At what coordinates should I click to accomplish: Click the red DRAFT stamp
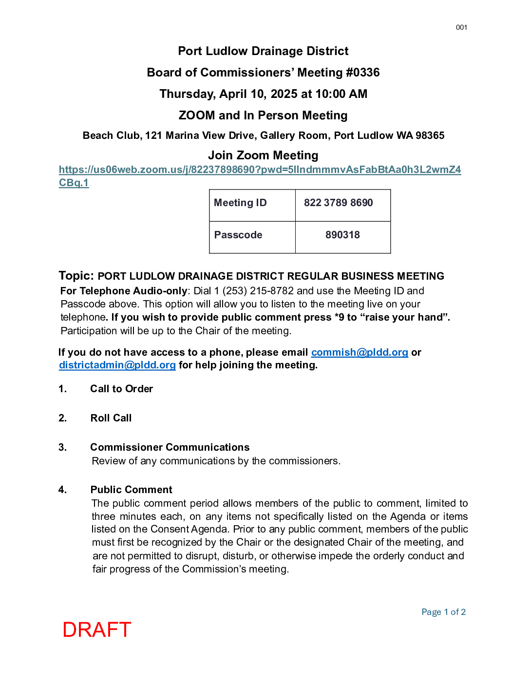click(x=96, y=629)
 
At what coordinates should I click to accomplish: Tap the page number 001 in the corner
click(x=461, y=27)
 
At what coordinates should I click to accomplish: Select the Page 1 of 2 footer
click(x=443, y=612)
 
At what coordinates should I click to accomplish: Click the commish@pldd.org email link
click(x=360, y=352)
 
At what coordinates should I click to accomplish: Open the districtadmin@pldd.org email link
click(x=117, y=365)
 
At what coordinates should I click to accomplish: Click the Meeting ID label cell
click(x=252, y=205)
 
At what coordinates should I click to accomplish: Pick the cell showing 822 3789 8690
click(x=342, y=205)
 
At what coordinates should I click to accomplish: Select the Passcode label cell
click(x=252, y=237)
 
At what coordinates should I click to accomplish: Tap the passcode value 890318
click(x=342, y=237)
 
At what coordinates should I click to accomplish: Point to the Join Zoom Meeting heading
click(x=263, y=155)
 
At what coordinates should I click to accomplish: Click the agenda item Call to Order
click(x=121, y=389)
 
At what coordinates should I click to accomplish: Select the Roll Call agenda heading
click(x=111, y=418)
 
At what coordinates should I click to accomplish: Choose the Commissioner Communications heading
click(x=170, y=447)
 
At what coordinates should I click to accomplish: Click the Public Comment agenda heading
click(x=131, y=490)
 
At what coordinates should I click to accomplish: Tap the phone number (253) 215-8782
click(x=258, y=291)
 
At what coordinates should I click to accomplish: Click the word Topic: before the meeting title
click(x=76, y=276)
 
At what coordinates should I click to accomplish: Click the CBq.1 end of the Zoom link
click(x=74, y=183)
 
